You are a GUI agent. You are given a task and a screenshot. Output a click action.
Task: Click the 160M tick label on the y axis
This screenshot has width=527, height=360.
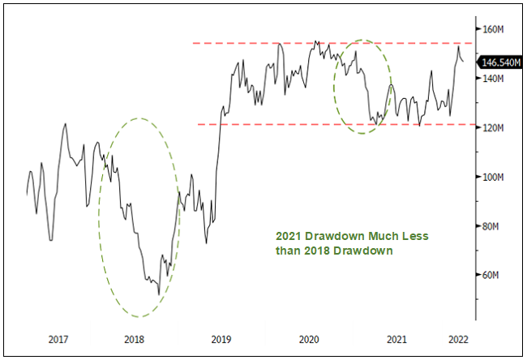(494, 29)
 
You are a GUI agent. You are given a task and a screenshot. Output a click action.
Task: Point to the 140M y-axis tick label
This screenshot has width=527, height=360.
(494, 79)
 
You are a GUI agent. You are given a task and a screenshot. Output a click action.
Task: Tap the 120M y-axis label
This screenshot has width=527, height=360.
(494, 128)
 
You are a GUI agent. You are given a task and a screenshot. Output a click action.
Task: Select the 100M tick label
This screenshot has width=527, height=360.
(494, 177)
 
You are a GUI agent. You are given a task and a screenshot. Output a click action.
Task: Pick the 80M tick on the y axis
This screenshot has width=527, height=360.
(492, 226)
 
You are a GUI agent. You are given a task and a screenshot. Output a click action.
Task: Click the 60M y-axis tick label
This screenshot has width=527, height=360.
(492, 276)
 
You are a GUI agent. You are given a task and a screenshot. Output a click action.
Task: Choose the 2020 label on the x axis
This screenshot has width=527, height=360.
(310, 339)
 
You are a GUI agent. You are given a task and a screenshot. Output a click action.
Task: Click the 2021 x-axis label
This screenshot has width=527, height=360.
(396, 339)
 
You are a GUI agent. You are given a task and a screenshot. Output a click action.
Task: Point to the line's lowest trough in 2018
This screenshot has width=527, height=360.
(159, 294)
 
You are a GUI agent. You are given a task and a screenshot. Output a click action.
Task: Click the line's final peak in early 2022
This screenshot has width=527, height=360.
(458, 46)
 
